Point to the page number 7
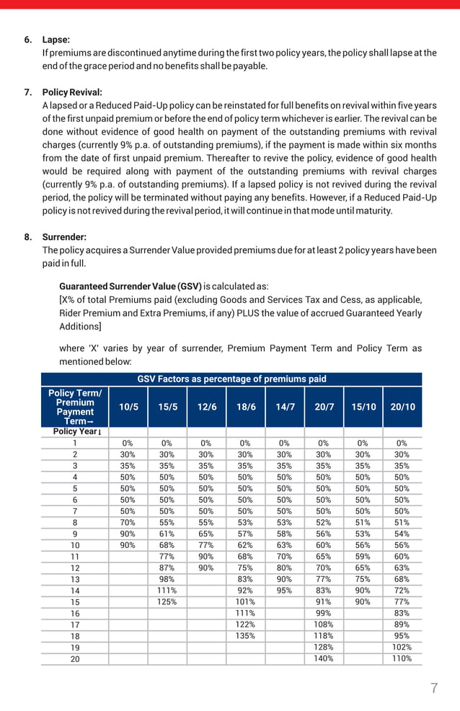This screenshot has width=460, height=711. pyautogui.click(x=434, y=688)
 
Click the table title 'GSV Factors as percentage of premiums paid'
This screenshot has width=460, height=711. pyautogui.click(x=231, y=379)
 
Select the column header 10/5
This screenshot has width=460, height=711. pyautogui.click(x=128, y=407)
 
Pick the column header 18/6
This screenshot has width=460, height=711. pyautogui.click(x=246, y=407)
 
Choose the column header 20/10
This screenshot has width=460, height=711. pyautogui.click(x=402, y=407)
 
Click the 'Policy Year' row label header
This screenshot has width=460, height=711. pyautogui.click(x=75, y=431)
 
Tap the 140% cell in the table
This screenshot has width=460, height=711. pyautogui.click(x=324, y=658)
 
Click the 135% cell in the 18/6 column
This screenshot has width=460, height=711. pyautogui.click(x=245, y=635)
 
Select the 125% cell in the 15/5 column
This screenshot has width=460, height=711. pyautogui.click(x=167, y=601)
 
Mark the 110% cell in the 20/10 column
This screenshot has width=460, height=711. pyautogui.click(x=402, y=658)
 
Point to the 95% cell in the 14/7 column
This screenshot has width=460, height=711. pyautogui.click(x=284, y=591)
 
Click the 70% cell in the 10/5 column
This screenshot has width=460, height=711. pyautogui.click(x=128, y=522)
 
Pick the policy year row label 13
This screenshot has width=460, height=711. pyautogui.click(x=75, y=579)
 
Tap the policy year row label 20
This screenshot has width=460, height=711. pyautogui.click(x=75, y=658)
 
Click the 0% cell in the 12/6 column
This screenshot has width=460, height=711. pyautogui.click(x=206, y=443)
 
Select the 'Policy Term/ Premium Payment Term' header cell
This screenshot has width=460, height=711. pyautogui.click(x=75, y=407)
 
